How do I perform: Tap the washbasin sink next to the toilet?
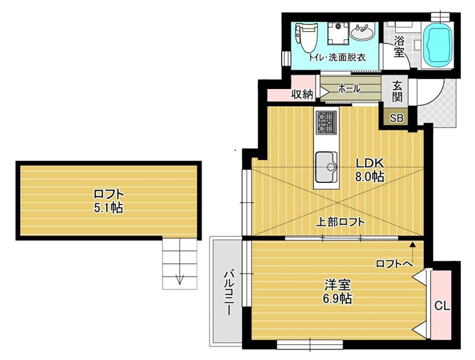coord(363,33)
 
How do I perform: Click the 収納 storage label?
coord(302,94)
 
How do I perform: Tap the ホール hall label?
coord(348,89)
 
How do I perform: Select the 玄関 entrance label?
coord(397,91)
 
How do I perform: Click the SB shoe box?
coord(396,118)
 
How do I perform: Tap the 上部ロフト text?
coord(341,222)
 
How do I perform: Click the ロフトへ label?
coord(392,263)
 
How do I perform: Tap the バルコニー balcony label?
coord(230,292)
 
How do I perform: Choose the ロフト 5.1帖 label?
coord(108,201)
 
